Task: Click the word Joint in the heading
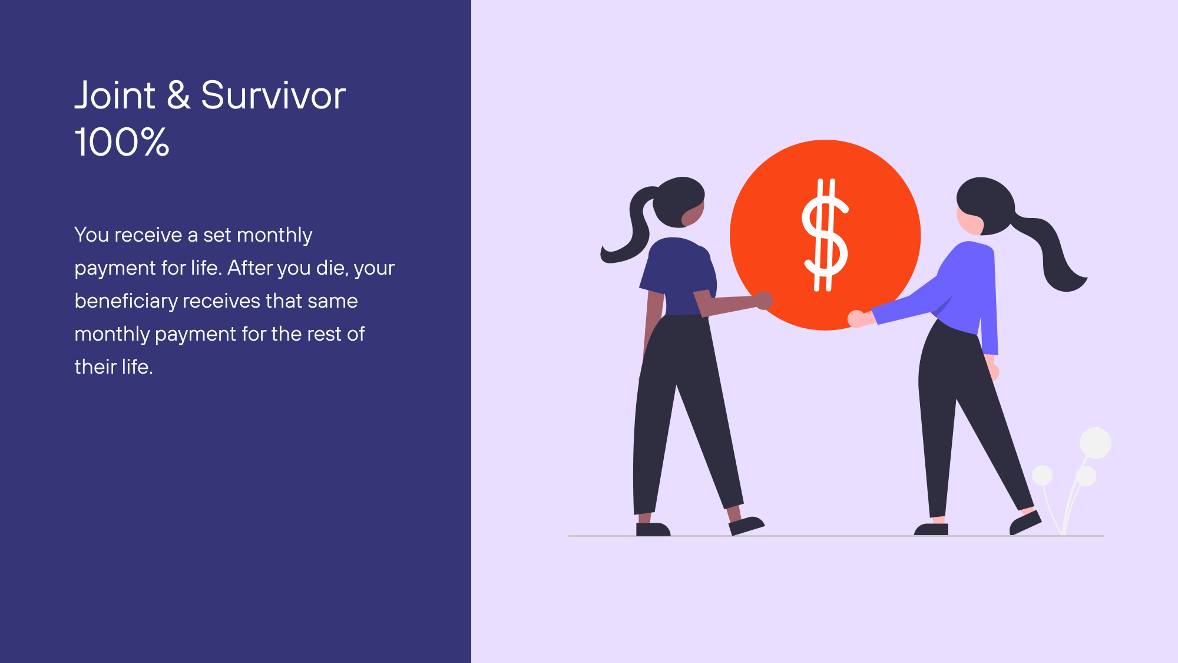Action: [115, 95]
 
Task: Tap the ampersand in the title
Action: [178, 95]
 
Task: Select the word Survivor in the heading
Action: [273, 95]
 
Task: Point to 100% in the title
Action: [122, 142]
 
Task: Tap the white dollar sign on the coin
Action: [825, 235]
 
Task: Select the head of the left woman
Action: [679, 202]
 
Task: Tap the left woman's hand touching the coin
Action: [764, 299]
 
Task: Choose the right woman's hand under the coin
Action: [857, 319]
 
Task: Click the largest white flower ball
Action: [1096, 443]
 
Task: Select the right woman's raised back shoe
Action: [1025, 523]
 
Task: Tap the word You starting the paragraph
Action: [91, 235]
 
